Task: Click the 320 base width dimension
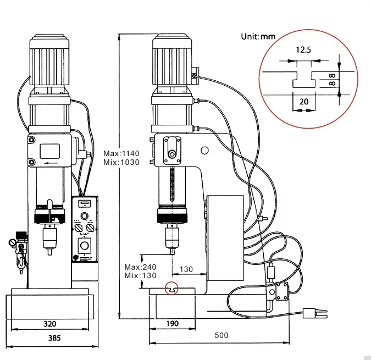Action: click(50, 324)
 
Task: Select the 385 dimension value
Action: click(54, 338)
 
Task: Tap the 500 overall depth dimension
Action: click(222, 335)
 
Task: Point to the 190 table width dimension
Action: click(172, 323)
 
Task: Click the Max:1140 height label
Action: click(121, 153)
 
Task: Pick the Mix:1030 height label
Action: click(121, 162)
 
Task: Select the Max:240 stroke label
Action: click(140, 267)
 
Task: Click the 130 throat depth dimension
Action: click(186, 269)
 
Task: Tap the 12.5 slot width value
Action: click(303, 49)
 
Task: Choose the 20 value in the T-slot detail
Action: click(304, 102)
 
